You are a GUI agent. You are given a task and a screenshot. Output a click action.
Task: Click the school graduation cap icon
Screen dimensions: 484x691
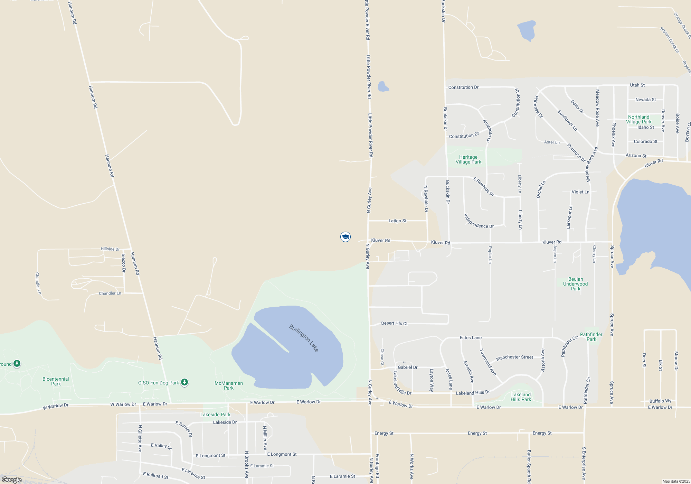click(x=345, y=237)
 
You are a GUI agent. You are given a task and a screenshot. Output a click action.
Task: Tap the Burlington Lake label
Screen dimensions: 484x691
click(x=304, y=338)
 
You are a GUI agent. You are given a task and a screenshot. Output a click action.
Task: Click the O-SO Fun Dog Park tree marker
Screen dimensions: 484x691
click(x=184, y=382)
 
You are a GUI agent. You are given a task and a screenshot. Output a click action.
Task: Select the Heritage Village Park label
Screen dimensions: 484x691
click(x=468, y=159)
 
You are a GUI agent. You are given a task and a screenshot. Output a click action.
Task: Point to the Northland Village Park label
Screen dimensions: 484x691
click(x=638, y=119)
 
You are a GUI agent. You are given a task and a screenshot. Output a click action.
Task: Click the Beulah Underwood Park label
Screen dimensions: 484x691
click(x=575, y=284)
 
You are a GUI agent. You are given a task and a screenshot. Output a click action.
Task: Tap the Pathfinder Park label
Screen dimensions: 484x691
click(x=591, y=337)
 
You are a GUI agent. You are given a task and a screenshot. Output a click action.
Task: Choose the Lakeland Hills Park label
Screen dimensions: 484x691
click(x=521, y=397)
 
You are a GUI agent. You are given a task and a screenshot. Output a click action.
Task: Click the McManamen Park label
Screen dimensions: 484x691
click(x=228, y=385)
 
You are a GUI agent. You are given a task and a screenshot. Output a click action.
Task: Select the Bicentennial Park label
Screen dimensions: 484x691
click(x=56, y=381)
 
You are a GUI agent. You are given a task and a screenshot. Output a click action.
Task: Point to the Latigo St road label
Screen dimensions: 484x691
click(x=397, y=221)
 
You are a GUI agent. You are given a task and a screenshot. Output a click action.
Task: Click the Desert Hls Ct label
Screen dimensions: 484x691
click(x=394, y=323)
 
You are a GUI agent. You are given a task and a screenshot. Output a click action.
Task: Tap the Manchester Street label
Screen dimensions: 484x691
click(x=514, y=357)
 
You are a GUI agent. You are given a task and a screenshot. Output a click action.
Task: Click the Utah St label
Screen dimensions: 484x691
click(x=637, y=85)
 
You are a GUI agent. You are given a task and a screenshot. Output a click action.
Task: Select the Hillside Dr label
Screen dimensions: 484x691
click(x=110, y=249)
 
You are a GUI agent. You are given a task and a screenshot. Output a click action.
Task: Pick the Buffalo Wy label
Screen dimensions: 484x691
click(x=660, y=401)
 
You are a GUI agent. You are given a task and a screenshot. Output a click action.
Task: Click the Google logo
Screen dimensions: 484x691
click(x=12, y=480)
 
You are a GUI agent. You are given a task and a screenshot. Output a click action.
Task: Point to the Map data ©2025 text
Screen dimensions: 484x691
click(x=676, y=481)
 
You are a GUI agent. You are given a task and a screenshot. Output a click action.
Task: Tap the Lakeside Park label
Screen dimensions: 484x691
click(x=215, y=415)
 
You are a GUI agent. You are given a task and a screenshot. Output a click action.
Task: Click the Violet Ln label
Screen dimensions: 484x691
click(x=580, y=192)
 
